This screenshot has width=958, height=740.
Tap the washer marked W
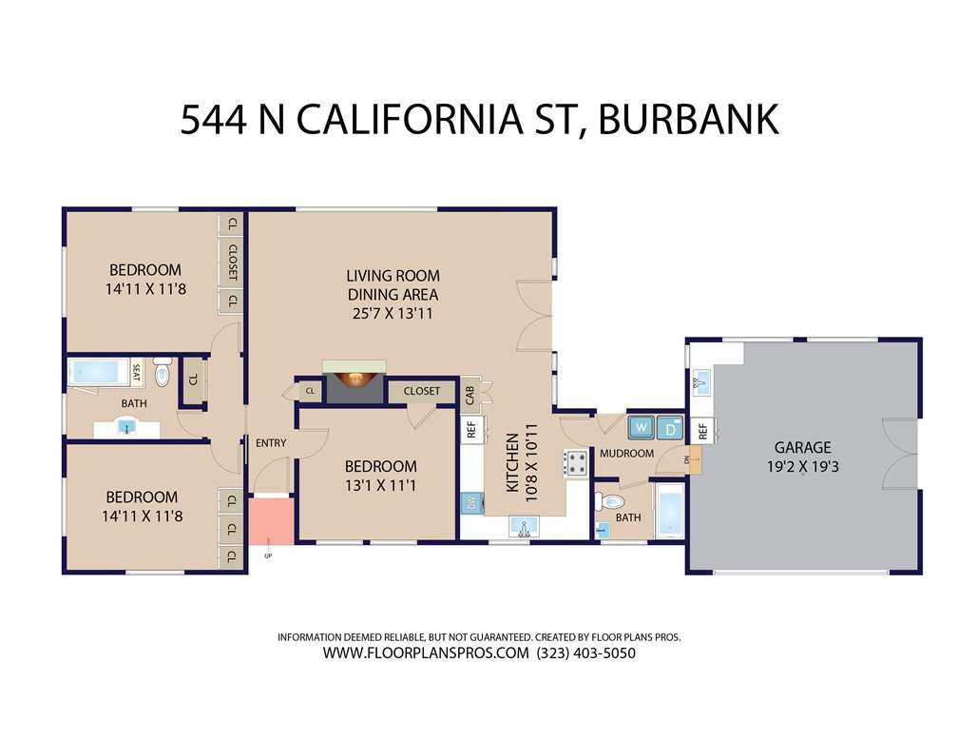coord(642,427)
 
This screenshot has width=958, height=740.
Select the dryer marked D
coord(670,428)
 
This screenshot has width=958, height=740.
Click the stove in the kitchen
coord(575,463)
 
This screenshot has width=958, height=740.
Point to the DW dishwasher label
coord(471,504)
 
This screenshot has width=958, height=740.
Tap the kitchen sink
coord(524,527)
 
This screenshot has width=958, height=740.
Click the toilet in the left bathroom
coord(162,373)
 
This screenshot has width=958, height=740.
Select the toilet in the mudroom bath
coord(609,502)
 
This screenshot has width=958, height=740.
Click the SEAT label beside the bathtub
coord(136,373)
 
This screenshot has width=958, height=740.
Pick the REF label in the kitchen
coord(471,430)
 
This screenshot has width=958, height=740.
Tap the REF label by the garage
coord(702,431)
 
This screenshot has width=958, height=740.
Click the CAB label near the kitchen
coord(469,395)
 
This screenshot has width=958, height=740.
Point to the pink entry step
coord(271,520)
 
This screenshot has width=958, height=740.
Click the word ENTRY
coord(271,443)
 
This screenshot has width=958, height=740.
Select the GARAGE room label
coord(803,448)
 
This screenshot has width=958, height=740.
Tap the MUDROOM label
coord(627,453)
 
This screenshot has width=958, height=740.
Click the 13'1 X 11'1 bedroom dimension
coord(380,486)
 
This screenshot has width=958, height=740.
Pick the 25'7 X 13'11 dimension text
coord(393,314)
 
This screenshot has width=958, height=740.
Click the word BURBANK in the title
coord(688,119)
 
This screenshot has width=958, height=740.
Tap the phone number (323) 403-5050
coord(585,653)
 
